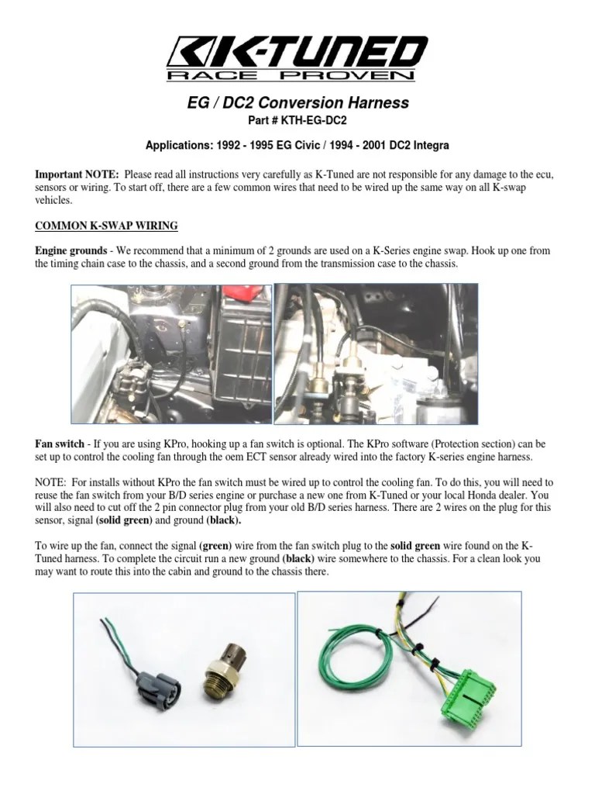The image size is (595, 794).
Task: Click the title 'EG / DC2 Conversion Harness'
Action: (297, 102)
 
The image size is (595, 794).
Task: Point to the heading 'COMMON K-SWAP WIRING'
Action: (106, 226)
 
